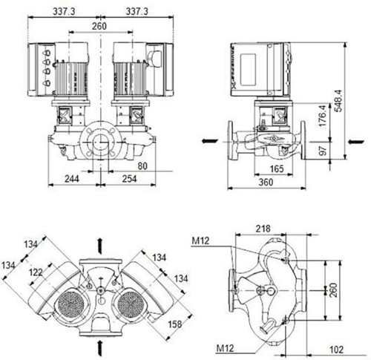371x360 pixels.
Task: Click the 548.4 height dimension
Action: point(338,101)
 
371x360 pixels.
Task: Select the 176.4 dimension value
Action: point(323,116)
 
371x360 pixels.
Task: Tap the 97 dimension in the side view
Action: point(323,150)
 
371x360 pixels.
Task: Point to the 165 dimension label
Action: point(277,169)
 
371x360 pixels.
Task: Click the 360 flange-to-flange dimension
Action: point(266,183)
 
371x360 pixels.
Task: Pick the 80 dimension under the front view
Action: point(142,166)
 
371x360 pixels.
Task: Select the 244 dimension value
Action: point(72,179)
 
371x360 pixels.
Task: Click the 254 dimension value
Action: point(129,179)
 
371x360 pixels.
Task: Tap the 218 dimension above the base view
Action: point(263,229)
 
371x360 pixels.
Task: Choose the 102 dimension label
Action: point(337,350)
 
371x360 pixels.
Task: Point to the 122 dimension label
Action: point(36,272)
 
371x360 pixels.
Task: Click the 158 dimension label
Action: point(175,324)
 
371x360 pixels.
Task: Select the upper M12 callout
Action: point(200,240)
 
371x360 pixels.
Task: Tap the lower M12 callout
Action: point(225,348)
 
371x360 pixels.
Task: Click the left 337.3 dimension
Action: point(64,11)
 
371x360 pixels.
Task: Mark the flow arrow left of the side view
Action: point(210,141)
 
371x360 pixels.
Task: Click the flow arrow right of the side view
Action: point(356,142)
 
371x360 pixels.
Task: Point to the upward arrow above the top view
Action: point(99,246)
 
